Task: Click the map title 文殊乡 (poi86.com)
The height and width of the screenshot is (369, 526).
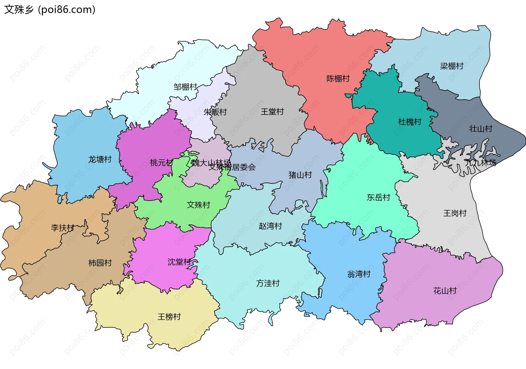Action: coord(50,10)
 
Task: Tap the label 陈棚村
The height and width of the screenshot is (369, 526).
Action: coord(338,79)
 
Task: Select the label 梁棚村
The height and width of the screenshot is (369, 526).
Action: coord(451,66)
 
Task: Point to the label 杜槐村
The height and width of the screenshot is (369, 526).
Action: coord(409,122)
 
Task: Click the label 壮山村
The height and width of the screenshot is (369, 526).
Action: coord(481,129)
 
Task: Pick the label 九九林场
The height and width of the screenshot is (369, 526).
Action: coord(480,163)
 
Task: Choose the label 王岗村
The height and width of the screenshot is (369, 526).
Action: coord(455,213)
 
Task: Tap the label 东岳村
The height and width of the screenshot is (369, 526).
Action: coord(378,197)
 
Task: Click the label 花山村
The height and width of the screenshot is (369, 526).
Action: coord(445,291)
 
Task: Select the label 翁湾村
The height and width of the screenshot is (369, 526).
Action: coord(359,274)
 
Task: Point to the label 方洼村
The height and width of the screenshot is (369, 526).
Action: coord(268,283)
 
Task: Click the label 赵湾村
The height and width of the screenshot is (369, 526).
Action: coord(270,226)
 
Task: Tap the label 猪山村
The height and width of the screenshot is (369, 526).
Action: coord(300,175)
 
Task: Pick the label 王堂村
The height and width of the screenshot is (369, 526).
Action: coord(272,112)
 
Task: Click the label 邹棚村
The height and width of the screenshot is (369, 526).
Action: coord(185,87)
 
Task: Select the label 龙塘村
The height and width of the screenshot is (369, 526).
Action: coord(100,159)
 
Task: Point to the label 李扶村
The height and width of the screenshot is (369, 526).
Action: coord(63,228)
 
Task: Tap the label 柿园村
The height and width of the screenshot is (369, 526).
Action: coord(100,263)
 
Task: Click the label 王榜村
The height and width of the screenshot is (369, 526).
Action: coord(169,317)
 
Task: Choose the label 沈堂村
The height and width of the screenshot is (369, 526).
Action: coord(179,262)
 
